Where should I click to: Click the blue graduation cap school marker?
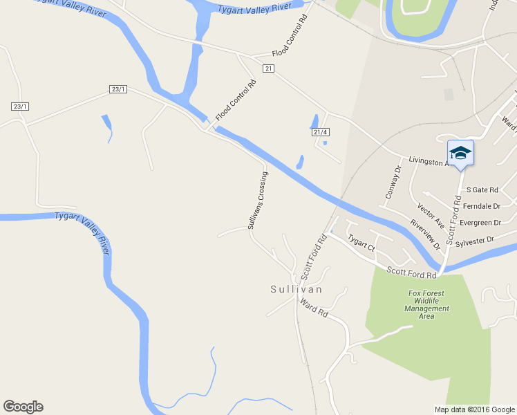[460, 153]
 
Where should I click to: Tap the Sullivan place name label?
[297, 289]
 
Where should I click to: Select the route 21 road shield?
[269, 68]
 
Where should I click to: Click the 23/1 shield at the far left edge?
[20, 106]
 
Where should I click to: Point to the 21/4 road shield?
[319, 131]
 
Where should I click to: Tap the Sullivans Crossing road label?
[258, 201]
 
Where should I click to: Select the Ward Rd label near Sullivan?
[314, 308]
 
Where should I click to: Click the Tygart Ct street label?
[361, 243]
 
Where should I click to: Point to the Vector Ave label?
[431, 215]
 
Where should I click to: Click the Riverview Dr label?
[425, 234]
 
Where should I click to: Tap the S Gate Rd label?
[482, 190]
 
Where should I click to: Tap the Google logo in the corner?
[23, 407]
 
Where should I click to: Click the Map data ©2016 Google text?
[474, 409]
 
